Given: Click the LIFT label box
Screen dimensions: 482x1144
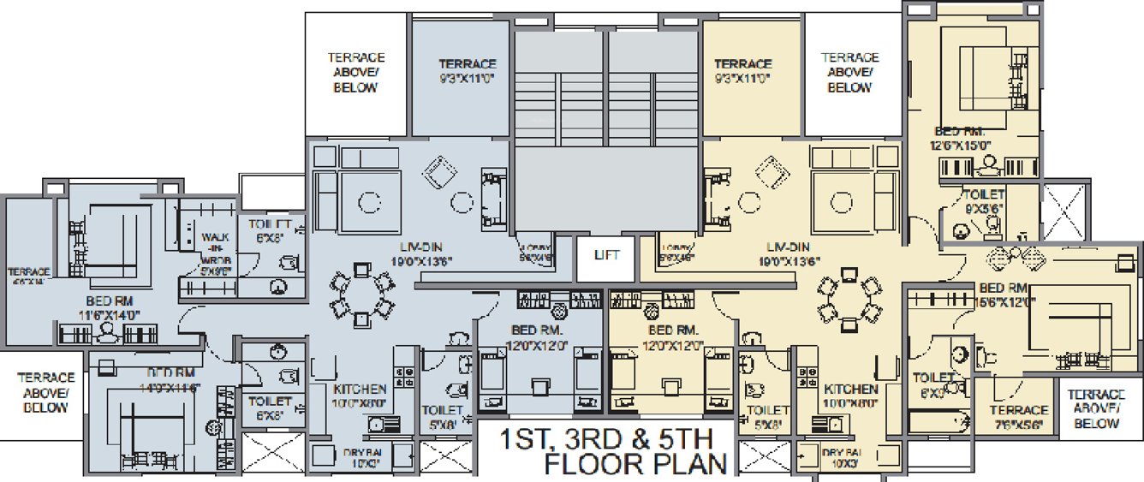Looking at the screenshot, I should click(x=606, y=255).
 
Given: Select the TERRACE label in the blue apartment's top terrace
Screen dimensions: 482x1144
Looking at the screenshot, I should click(x=468, y=70).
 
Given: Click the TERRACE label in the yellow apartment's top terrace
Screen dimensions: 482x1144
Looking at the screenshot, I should click(x=742, y=70).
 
